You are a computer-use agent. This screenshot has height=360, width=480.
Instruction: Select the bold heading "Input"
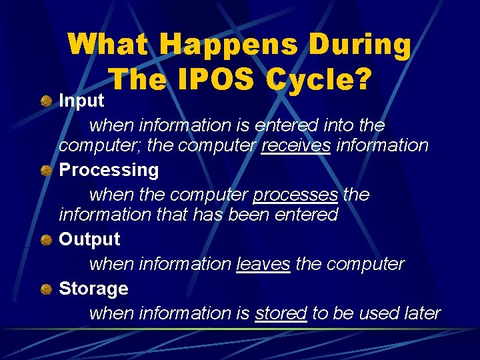[x=81, y=101]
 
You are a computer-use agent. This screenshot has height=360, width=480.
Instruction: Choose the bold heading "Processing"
[x=109, y=170]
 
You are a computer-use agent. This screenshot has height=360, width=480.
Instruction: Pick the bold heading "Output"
[x=89, y=239]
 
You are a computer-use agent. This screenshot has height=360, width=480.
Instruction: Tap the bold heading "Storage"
[x=93, y=289]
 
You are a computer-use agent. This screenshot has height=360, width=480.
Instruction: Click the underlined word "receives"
[x=296, y=145]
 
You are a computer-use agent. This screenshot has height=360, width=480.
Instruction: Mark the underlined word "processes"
[x=295, y=195]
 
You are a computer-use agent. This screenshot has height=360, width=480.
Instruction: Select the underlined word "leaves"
[x=263, y=264]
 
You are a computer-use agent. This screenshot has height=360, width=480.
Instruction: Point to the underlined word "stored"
[x=281, y=313]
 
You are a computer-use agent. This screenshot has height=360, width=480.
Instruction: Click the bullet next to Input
[x=45, y=101]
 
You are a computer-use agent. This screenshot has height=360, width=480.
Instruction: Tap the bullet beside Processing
[x=45, y=171]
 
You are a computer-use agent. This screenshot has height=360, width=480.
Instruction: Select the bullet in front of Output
[x=45, y=240]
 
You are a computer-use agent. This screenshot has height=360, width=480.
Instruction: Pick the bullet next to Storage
[x=45, y=289]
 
